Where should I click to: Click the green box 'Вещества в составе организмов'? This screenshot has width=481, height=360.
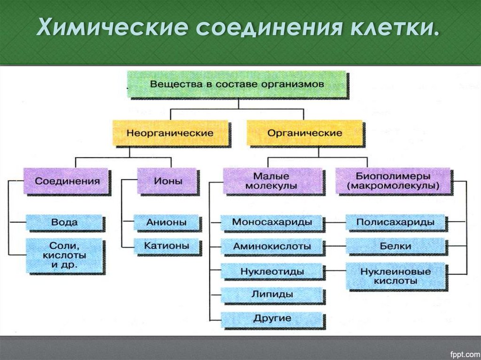point(237,84)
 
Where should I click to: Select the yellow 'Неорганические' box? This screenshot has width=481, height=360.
point(170,133)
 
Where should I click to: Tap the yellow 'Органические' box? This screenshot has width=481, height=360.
point(304,133)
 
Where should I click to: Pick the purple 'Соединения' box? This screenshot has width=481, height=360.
point(68,181)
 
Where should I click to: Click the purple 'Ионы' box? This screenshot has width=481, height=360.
point(168,181)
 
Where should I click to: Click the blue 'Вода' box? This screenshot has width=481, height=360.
point(65,222)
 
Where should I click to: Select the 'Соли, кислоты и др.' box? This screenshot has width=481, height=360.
point(64,256)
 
